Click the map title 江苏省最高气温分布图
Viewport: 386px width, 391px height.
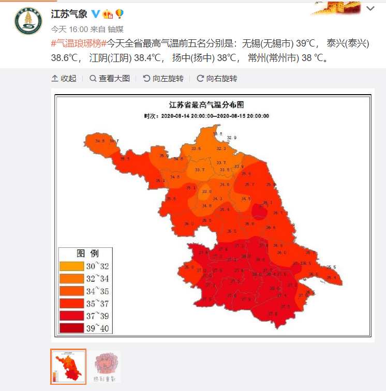point(213,104)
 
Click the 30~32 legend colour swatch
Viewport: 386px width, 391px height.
point(71,266)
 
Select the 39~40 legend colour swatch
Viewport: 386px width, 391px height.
point(71,328)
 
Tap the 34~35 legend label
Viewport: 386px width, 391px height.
point(98,291)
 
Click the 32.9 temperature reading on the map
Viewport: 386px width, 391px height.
point(231,138)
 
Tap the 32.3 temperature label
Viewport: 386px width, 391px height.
point(221,148)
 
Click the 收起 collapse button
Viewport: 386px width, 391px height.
point(64,79)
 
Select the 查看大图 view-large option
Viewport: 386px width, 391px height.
point(110,79)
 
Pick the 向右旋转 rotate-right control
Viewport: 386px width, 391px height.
point(217,79)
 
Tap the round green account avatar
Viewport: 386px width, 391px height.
point(28,21)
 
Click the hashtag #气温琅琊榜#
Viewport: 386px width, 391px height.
point(79,44)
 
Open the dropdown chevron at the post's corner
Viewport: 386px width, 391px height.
point(370,9)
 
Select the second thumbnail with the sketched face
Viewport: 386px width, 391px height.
point(106,367)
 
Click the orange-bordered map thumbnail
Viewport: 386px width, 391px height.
point(68,367)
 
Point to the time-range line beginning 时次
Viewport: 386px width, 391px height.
point(206,116)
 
